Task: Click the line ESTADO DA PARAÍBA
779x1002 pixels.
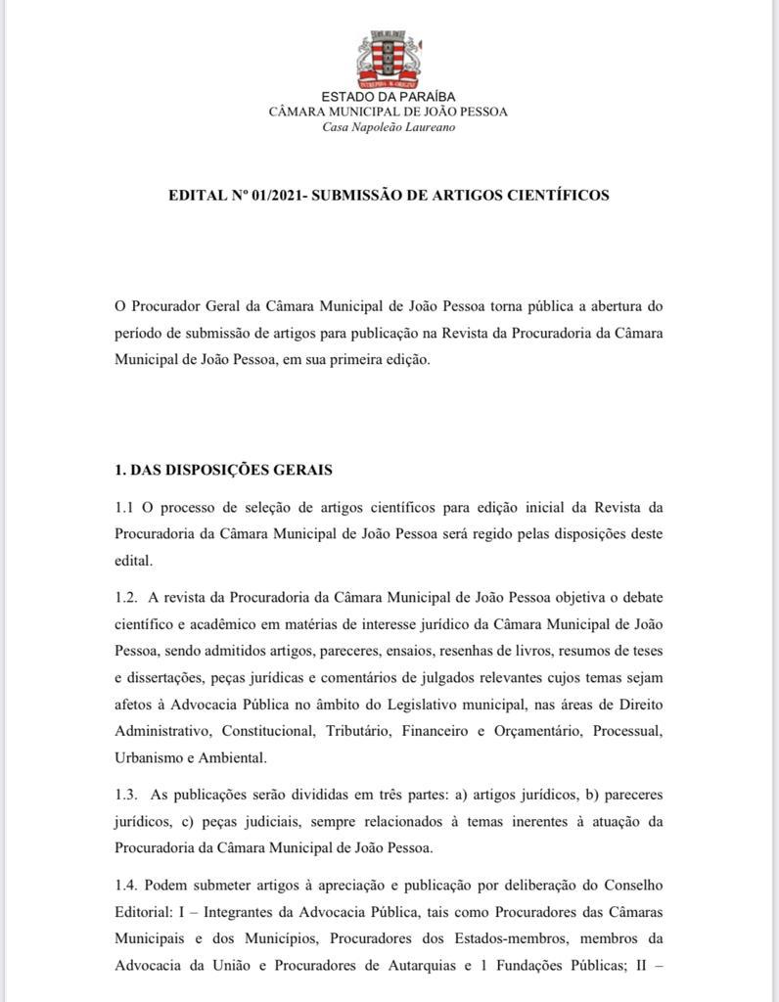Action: coord(389,96)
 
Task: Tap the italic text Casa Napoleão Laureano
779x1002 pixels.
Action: coord(389,128)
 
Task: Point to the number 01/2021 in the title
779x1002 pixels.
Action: coord(276,195)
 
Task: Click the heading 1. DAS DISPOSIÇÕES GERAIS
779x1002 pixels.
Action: coord(224,470)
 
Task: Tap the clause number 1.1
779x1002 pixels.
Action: coord(125,508)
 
